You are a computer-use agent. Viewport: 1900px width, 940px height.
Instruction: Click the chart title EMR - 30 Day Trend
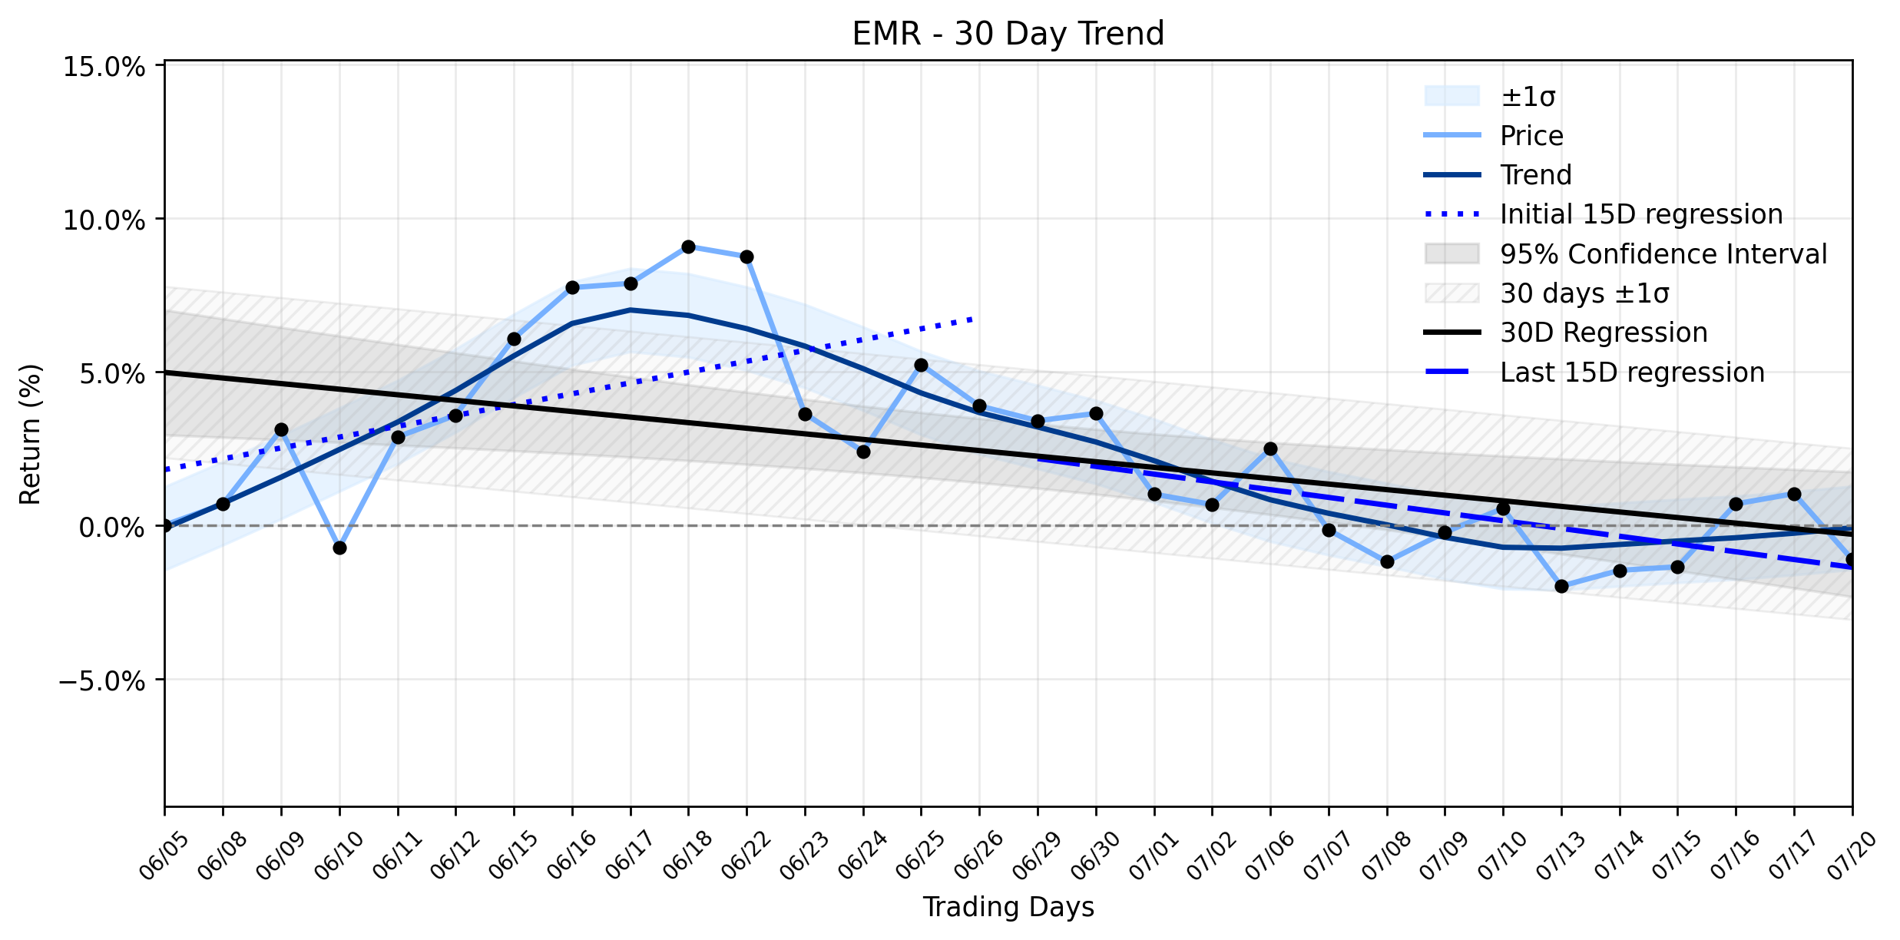point(1008,34)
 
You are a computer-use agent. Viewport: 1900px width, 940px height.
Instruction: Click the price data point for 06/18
point(688,247)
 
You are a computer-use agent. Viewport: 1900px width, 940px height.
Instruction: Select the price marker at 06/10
point(339,548)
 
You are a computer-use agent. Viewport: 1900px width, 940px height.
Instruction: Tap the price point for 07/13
point(1561,586)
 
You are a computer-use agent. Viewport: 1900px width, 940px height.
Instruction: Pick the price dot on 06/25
point(921,365)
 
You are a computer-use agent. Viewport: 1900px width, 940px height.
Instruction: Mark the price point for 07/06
point(1270,448)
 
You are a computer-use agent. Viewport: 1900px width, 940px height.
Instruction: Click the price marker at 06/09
point(281,429)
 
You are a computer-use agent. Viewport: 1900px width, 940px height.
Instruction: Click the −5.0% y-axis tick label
point(101,681)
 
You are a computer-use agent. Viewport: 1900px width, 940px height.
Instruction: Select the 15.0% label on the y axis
point(104,67)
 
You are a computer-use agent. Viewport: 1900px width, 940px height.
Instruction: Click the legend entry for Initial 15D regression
point(1641,214)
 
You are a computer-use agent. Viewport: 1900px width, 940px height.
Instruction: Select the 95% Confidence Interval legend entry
point(1663,254)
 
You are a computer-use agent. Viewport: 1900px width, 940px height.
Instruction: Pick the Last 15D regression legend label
point(1632,372)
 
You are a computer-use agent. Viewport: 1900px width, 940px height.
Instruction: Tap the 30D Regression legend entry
point(1604,333)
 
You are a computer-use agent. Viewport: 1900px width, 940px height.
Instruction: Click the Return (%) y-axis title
point(31,435)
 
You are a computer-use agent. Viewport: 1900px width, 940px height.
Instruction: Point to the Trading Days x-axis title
point(1008,907)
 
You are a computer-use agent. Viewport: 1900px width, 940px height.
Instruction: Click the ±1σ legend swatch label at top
point(1528,97)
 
